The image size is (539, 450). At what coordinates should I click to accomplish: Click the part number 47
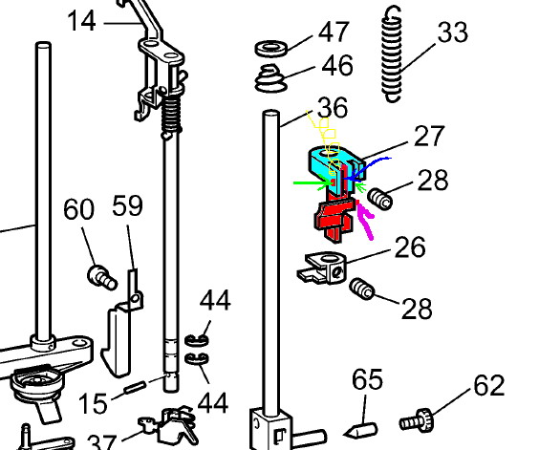pyautogui.click(x=334, y=32)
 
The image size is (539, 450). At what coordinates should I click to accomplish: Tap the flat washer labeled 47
pyautogui.click(x=271, y=49)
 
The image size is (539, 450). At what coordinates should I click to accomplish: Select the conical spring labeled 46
pyautogui.click(x=271, y=78)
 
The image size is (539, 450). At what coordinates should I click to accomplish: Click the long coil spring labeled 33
pyautogui.click(x=392, y=55)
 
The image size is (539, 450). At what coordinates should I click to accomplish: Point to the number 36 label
pyautogui.click(x=333, y=108)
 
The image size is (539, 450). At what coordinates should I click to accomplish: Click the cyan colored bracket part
pyautogui.click(x=335, y=165)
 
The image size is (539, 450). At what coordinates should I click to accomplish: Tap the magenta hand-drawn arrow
pyautogui.click(x=365, y=220)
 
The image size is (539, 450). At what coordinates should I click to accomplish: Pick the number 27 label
pyautogui.click(x=429, y=136)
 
